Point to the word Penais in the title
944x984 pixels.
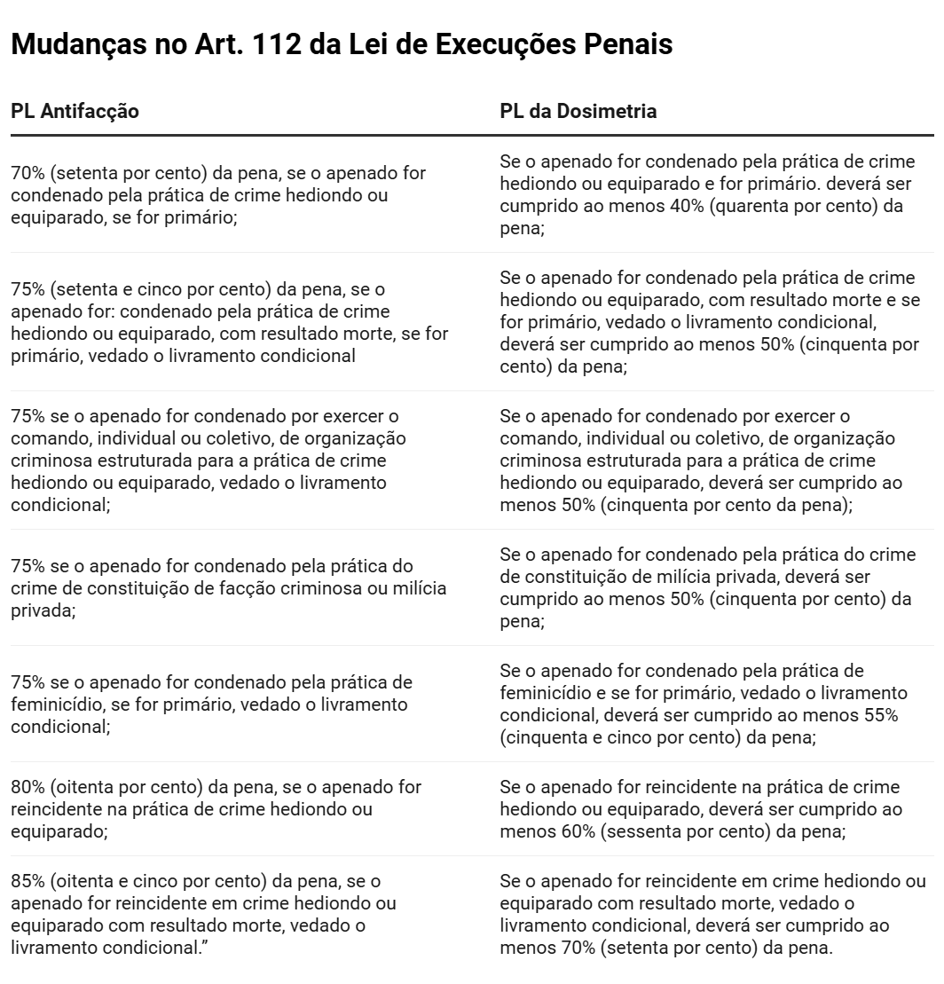point(625,44)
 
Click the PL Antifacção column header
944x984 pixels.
point(75,112)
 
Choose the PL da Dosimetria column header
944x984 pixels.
point(578,112)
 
